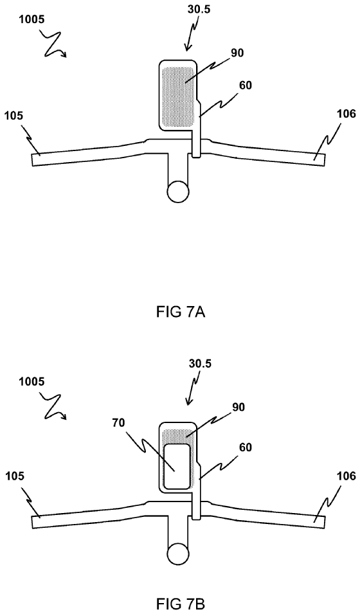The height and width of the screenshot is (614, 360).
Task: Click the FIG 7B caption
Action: click(180, 604)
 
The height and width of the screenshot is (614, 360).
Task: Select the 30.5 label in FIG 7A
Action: click(199, 10)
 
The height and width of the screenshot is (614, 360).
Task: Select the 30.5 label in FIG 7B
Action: click(200, 363)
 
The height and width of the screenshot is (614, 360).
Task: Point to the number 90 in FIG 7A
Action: click(237, 53)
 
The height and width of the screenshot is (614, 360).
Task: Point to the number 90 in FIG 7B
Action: click(238, 407)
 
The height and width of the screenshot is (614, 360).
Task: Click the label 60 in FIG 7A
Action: click(246, 85)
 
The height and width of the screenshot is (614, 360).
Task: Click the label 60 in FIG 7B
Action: click(246, 446)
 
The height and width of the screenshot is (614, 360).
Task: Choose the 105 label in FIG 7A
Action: click(14, 115)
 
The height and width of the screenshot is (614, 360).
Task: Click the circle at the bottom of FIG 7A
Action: click(178, 192)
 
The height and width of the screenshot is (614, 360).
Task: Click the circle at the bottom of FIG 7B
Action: click(178, 554)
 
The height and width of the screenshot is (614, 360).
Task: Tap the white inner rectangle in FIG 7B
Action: click(177, 466)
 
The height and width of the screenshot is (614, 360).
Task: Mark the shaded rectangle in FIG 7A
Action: click(178, 96)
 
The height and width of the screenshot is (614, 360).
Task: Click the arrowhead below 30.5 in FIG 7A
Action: click(187, 48)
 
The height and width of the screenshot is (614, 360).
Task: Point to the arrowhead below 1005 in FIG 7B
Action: click(64, 417)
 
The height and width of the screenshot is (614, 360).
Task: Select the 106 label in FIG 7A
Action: click(346, 114)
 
